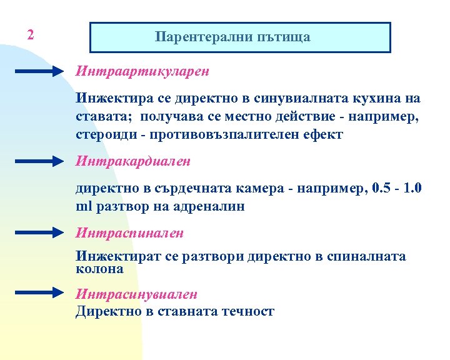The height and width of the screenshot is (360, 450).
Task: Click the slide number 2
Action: point(30,35)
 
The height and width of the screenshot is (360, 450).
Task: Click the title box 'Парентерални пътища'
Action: point(241,37)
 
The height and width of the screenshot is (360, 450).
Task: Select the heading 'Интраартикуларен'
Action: point(142,71)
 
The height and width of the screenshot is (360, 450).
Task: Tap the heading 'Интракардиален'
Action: point(133,161)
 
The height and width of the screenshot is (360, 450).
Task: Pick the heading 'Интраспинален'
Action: point(130,233)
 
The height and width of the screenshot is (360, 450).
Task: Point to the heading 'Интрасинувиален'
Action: point(137,293)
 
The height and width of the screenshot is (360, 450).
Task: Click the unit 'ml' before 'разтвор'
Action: point(83,207)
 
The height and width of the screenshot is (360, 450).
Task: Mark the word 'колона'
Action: point(99,269)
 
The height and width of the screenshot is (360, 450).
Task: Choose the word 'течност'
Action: point(248,311)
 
